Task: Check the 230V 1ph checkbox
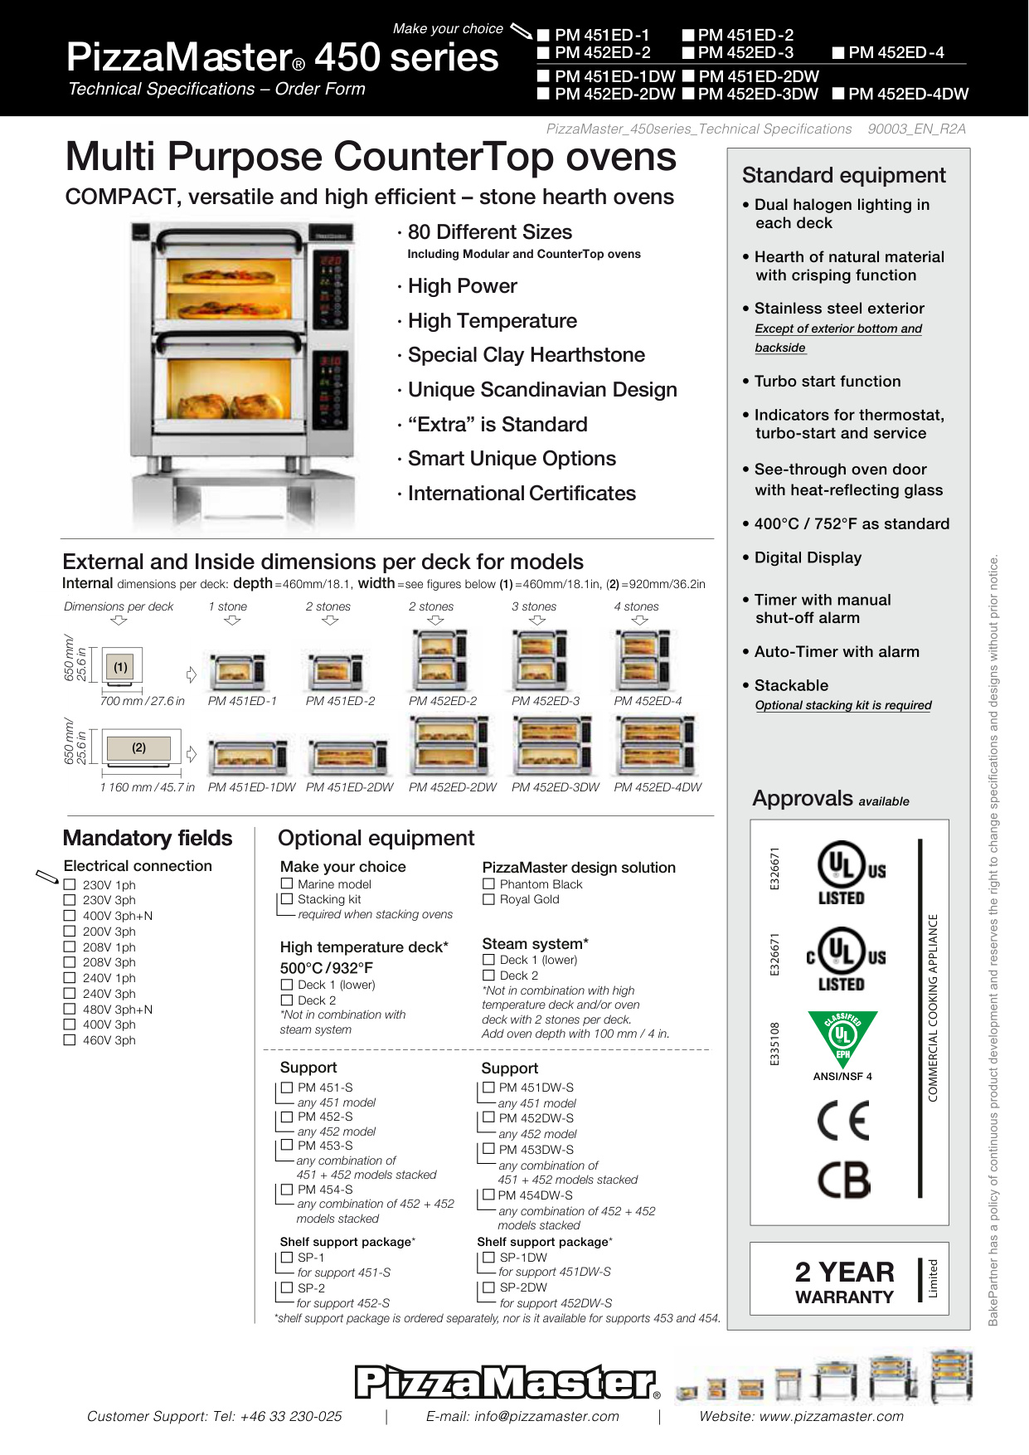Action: (70, 885)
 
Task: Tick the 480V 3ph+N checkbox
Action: (70, 1010)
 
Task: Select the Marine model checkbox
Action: (287, 883)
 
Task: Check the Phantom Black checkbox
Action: (488, 884)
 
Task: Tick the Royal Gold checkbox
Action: (488, 899)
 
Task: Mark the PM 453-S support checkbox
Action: (287, 1146)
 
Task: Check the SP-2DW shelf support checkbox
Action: (488, 1287)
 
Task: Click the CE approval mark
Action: (842, 1122)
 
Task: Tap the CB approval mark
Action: (843, 1179)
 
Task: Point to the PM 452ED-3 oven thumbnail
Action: (533, 660)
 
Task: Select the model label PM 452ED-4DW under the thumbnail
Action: (658, 787)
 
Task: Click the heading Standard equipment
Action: (843, 175)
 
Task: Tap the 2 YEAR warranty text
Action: (844, 1273)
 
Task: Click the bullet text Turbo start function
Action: (827, 382)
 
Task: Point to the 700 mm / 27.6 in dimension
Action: (142, 701)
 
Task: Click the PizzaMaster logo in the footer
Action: (506, 1382)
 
